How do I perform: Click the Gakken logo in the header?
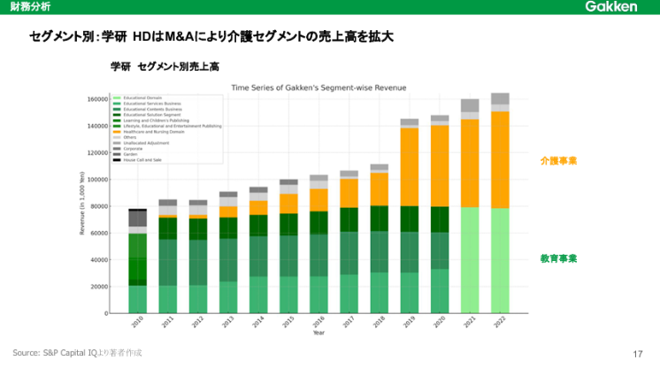(610, 7)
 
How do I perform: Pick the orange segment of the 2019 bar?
(410, 167)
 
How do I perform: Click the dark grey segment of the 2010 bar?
(137, 218)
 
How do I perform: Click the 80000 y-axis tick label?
(99, 206)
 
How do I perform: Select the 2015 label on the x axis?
(288, 324)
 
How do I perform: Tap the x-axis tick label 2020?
(440, 324)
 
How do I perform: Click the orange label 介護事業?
(558, 161)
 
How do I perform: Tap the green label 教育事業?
(558, 258)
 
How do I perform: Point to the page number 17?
(638, 354)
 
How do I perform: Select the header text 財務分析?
(26, 7)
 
